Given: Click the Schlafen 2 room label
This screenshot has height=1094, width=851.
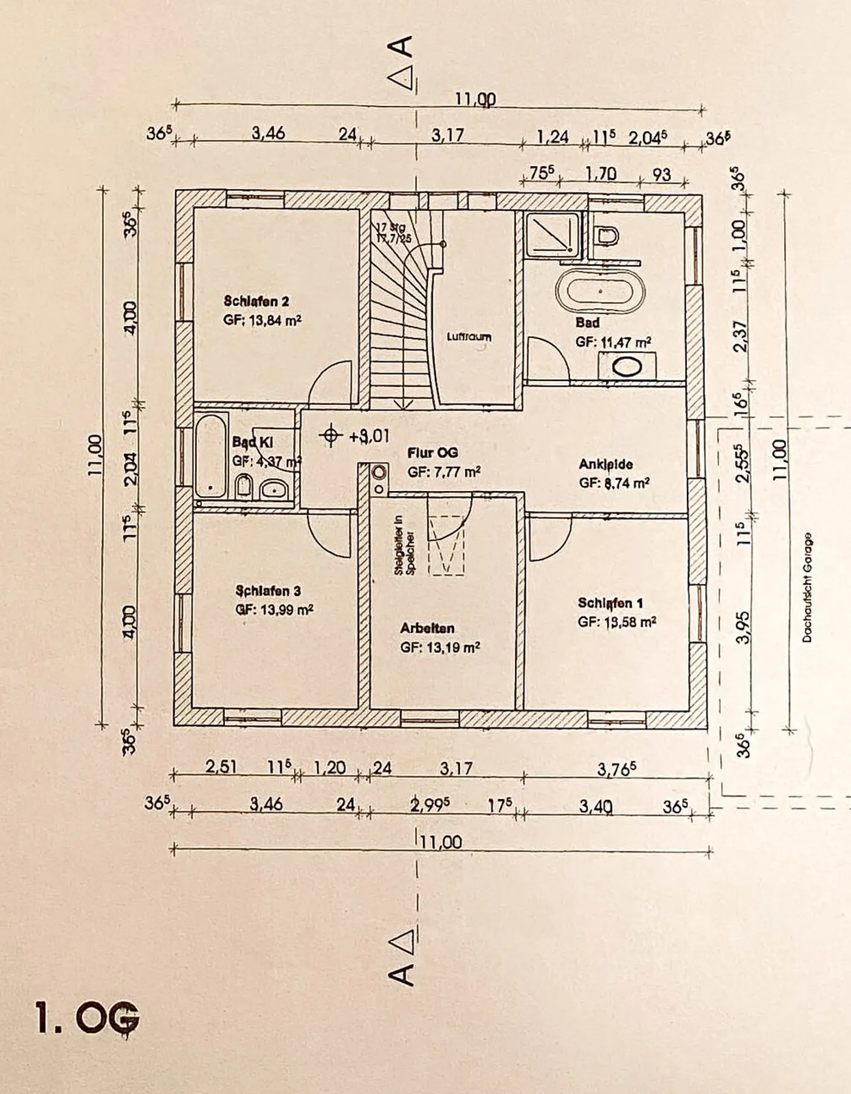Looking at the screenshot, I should (x=256, y=301).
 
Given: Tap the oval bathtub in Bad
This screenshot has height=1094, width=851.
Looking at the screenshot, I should (x=601, y=292).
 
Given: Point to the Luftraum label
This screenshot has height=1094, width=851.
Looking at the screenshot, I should (x=469, y=336).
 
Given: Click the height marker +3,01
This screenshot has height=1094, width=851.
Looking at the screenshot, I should (x=368, y=436).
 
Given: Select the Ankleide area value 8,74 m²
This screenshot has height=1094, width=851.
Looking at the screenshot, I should (x=614, y=483).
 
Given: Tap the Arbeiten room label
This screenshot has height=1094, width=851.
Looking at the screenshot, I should (x=427, y=628).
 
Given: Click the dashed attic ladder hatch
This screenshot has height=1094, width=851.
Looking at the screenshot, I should (x=447, y=535).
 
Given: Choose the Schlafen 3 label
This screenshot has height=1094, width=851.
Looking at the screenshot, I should (x=268, y=591).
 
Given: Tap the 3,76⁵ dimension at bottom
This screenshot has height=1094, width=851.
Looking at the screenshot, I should (x=616, y=769).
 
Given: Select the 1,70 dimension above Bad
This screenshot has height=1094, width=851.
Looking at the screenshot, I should (x=601, y=174).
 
